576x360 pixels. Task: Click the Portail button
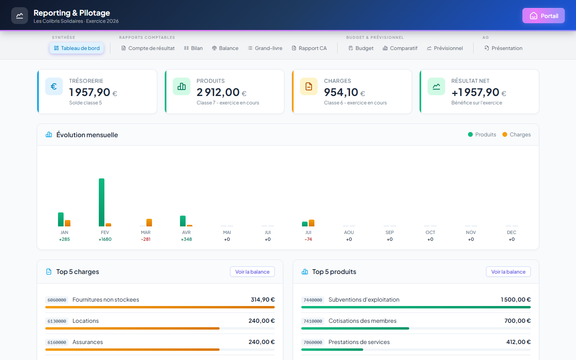click(x=543, y=16)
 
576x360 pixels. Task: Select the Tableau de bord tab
click(x=77, y=48)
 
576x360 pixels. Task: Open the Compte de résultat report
click(x=148, y=48)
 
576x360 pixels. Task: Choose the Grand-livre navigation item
click(x=265, y=48)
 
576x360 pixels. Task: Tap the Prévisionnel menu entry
click(x=445, y=48)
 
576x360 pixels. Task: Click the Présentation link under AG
click(x=503, y=48)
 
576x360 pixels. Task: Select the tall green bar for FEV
click(x=102, y=202)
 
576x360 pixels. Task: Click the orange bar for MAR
click(x=149, y=223)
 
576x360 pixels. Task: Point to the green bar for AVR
click(x=183, y=221)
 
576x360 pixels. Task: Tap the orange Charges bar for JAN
click(x=68, y=223)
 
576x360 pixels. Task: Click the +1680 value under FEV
click(x=105, y=239)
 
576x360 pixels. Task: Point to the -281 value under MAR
click(x=146, y=239)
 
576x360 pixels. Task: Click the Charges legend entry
click(x=516, y=134)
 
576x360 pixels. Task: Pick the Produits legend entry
click(x=482, y=134)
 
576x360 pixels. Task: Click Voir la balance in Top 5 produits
click(x=508, y=272)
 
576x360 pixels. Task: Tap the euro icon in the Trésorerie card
click(x=54, y=86)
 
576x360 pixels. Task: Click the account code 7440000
click(x=313, y=300)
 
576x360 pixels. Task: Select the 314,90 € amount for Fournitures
click(x=262, y=300)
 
